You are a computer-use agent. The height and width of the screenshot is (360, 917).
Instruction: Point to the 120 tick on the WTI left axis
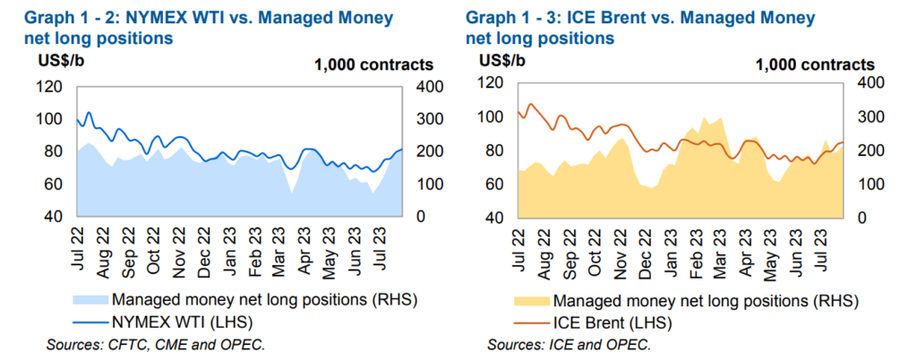(x=50, y=87)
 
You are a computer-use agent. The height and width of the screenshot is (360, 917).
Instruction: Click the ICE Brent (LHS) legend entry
(x=611, y=321)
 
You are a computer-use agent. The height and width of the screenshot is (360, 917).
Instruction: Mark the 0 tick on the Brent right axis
(x=861, y=218)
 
